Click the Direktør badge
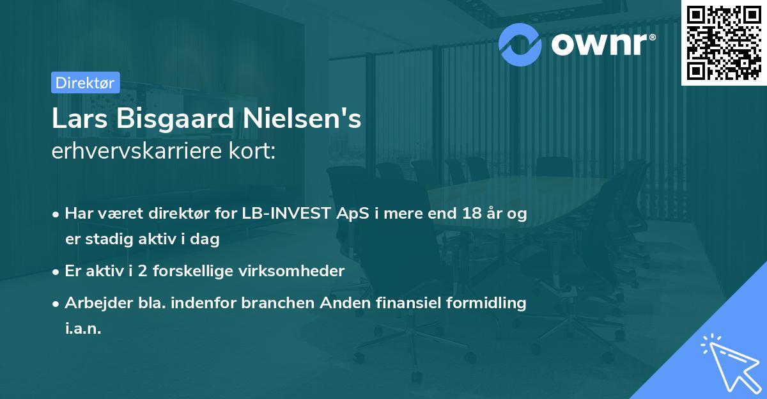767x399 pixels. (85, 82)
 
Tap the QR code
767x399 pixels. (724, 42)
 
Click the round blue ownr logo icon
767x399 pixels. (520, 44)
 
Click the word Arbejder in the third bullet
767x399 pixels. (93, 303)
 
